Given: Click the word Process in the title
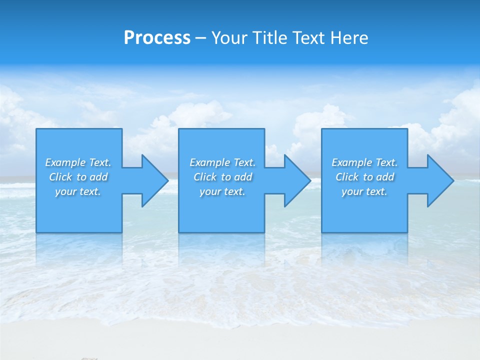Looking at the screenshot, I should [x=157, y=38].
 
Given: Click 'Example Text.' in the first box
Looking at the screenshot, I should [x=78, y=162].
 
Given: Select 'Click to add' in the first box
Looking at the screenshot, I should [x=78, y=177].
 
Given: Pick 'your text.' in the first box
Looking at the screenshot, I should [x=78, y=191].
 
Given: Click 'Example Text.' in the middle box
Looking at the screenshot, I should [x=222, y=162].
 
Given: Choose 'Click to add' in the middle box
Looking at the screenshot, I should [x=222, y=177].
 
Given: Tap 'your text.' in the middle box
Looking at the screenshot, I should [x=222, y=191].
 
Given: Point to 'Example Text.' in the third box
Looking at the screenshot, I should [x=364, y=162].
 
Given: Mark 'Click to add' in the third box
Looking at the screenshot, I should [x=364, y=177].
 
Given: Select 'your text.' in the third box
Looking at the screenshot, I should [x=364, y=191].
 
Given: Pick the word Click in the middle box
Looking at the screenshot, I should [x=205, y=177].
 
